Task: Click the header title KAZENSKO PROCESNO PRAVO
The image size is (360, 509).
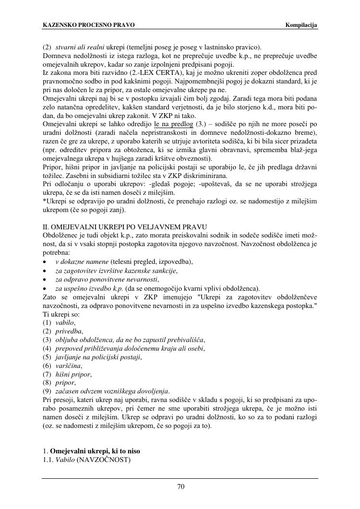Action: [88, 25]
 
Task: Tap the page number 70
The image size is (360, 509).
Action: [181, 486]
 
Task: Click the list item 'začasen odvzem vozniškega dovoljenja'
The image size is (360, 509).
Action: [112, 391]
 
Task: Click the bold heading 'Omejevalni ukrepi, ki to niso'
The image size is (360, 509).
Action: [95, 451]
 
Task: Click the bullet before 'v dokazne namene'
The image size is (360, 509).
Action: [45, 262]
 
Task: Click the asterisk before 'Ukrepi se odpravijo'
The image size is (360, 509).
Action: [44, 201]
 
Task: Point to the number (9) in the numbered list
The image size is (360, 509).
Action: [47, 391]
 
